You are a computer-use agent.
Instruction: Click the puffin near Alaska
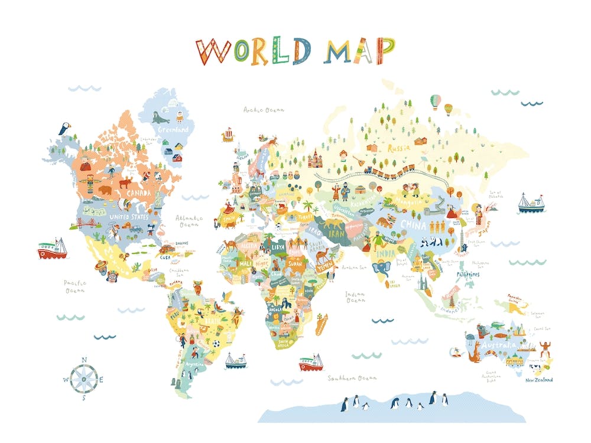pyautogui.click(x=63, y=128)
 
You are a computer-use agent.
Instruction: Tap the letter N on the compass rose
pyautogui.click(x=84, y=359)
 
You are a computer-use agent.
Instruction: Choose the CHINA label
pyautogui.click(x=413, y=224)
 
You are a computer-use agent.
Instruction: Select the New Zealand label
pyautogui.click(x=539, y=380)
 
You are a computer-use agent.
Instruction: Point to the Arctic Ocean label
pyautogui.click(x=264, y=109)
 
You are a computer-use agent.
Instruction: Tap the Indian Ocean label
pyautogui.click(x=355, y=297)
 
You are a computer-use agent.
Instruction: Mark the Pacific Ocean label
pyautogui.click(x=75, y=286)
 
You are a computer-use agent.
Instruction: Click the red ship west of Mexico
pyautogui.click(x=52, y=249)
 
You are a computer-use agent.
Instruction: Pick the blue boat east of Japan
pyautogui.click(x=531, y=203)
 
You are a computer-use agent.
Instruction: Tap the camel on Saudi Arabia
pyautogui.click(x=324, y=256)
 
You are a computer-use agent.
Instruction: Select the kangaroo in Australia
pyautogui.click(x=475, y=351)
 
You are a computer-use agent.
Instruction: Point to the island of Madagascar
pyautogui.click(x=322, y=324)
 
